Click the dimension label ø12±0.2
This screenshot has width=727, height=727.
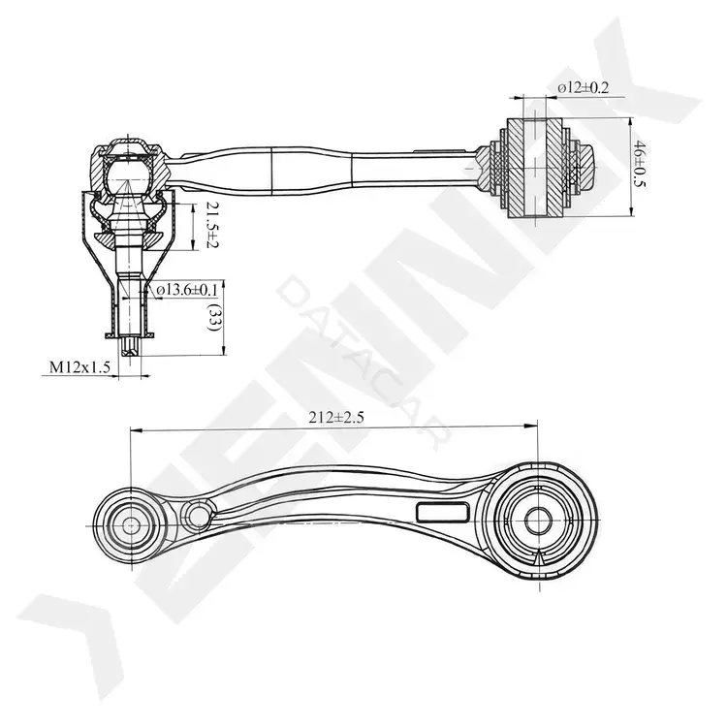point(583,87)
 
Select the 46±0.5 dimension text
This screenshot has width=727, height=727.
point(641,163)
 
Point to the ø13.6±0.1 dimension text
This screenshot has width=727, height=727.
point(187,290)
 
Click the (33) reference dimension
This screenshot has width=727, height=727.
point(214,317)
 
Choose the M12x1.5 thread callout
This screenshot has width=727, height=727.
point(79,367)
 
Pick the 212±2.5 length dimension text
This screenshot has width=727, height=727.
point(336,418)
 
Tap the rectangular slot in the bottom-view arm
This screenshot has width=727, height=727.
point(442,513)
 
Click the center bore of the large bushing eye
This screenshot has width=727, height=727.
point(538,521)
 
